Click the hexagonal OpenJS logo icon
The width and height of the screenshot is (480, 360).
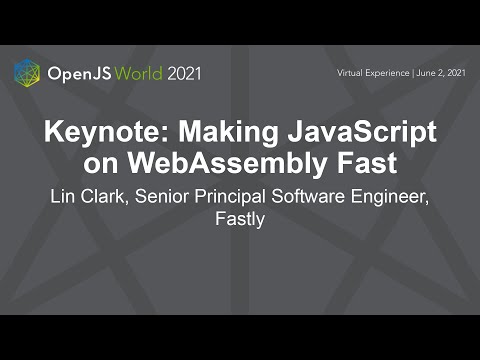27,73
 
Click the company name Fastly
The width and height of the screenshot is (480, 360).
240,218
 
